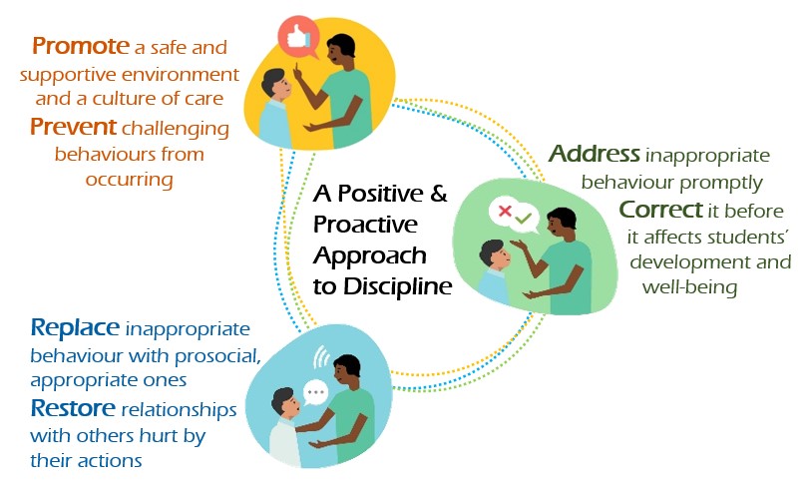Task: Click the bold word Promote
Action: [81, 45]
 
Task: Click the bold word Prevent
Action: [73, 127]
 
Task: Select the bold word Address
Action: [595, 154]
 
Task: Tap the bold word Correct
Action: [660, 210]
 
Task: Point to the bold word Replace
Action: [75, 327]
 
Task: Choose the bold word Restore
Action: [73, 408]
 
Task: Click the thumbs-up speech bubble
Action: [299, 36]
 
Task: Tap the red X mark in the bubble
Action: [505, 211]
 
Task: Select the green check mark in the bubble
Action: [523, 219]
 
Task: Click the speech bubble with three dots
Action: [315, 393]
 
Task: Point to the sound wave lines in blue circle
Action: [321, 356]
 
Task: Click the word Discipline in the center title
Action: [397, 286]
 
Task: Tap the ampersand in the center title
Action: [438, 194]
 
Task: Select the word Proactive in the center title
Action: [365, 225]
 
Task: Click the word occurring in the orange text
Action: [129, 180]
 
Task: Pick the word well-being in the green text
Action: [689, 286]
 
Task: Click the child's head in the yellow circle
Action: [275, 85]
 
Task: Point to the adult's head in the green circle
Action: [561, 224]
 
